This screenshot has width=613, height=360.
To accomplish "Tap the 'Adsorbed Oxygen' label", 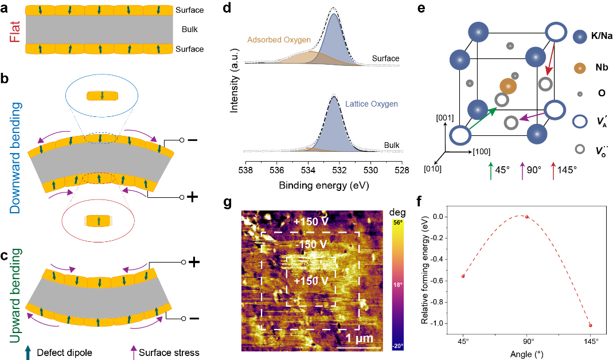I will (279, 40).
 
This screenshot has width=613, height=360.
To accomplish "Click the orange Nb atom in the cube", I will (508, 86).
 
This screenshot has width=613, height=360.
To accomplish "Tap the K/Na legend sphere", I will (581, 37).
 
